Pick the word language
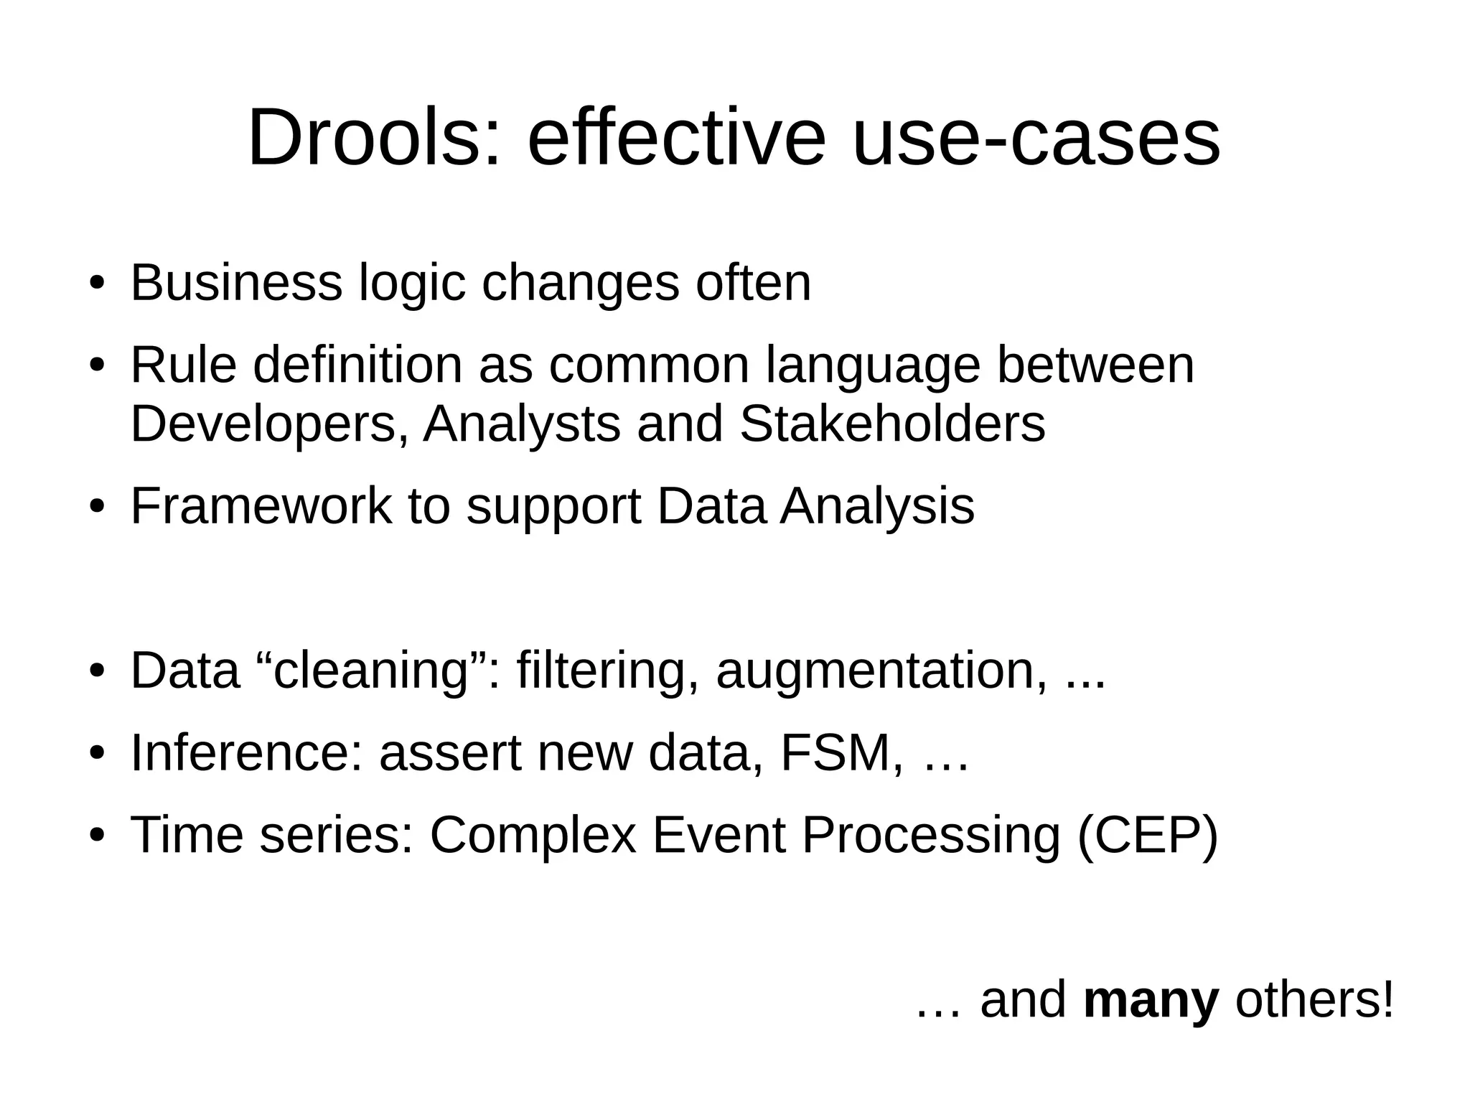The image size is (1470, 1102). [873, 366]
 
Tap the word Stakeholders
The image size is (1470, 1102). [892, 424]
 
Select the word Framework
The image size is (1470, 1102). [261, 506]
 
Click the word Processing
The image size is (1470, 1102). [930, 836]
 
